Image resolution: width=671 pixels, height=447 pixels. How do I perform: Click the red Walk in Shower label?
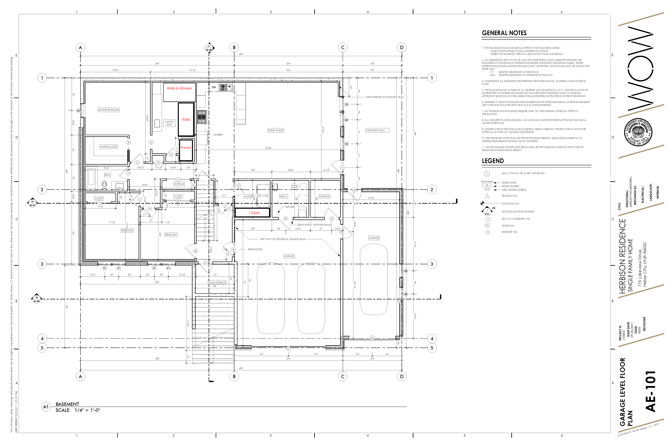(179, 88)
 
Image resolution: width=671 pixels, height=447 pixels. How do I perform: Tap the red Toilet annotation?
(186, 120)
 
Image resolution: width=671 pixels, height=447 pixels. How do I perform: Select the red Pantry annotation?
(186, 148)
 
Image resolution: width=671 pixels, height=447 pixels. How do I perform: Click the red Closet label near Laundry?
(254, 213)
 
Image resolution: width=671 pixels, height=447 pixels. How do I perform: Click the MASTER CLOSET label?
(109, 147)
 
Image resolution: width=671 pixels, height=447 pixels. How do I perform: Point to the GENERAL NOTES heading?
(504, 33)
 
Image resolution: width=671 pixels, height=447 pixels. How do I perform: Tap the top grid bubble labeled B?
(234, 48)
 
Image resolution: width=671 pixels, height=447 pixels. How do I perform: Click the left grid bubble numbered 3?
(42, 264)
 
